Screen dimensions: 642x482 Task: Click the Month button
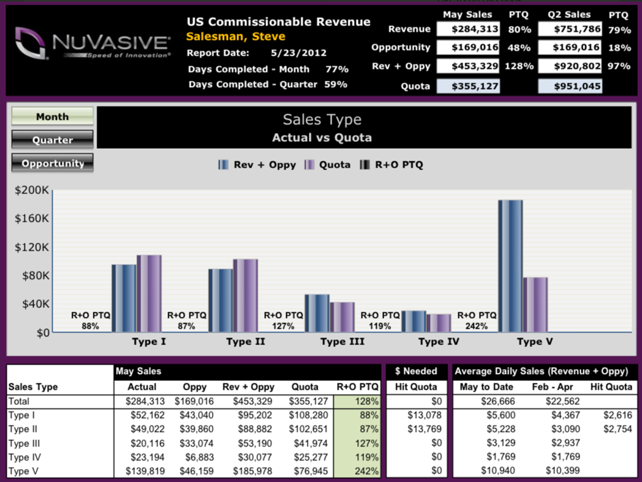tap(53, 117)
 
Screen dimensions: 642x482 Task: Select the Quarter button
tap(53, 140)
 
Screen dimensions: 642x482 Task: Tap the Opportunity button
tap(53, 163)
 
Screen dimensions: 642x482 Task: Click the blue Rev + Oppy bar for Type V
tap(510, 266)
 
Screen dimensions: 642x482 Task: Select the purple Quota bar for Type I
tap(149, 294)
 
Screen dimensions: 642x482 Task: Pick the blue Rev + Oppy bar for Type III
tap(317, 313)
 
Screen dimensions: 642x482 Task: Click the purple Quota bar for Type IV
tap(439, 323)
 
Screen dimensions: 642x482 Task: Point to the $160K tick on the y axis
tap(31, 218)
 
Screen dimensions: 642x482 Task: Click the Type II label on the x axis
tap(246, 342)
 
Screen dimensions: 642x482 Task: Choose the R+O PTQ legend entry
tap(391, 165)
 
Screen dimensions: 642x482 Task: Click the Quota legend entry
tap(328, 165)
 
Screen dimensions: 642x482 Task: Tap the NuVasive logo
tap(93, 43)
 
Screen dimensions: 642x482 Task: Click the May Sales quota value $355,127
tap(468, 86)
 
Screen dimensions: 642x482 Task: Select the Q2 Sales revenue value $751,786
tap(570, 29)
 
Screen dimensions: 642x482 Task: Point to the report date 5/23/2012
tap(298, 53)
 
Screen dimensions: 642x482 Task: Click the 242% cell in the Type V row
tap(357, 471)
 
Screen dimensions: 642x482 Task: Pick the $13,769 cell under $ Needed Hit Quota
tap(425, 429)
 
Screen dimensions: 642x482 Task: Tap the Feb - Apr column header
tap(553, 387)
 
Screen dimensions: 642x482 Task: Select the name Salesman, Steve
tap(235, 36)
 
